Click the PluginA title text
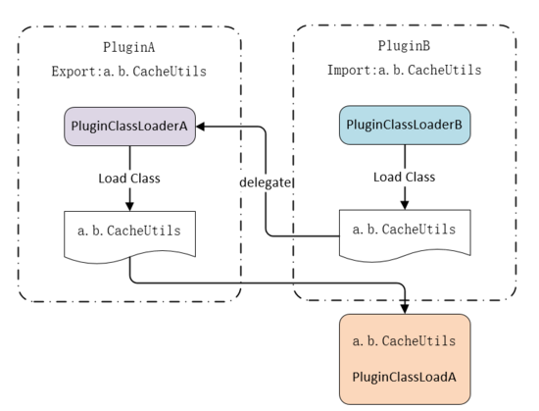[129, 47]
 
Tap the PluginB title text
[404, 46]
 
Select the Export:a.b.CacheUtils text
[129, 72]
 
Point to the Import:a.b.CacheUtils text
[404, 70]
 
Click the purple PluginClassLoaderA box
[130, 127]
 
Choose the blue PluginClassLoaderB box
[405, 125]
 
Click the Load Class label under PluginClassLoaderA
[129, 179]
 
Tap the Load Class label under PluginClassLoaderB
[404, 178]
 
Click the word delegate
[265, 182]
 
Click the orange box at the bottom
[405, 359]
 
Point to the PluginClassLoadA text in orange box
[404, 378]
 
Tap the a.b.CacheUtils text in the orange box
[404, 340]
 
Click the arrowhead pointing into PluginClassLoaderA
[200, 127]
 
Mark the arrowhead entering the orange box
[405, 309]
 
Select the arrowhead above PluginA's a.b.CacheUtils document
[129, 206]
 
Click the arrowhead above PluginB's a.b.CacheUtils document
[405, 205]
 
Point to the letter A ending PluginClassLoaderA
[183, 127]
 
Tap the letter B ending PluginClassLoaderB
[459, 125]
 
